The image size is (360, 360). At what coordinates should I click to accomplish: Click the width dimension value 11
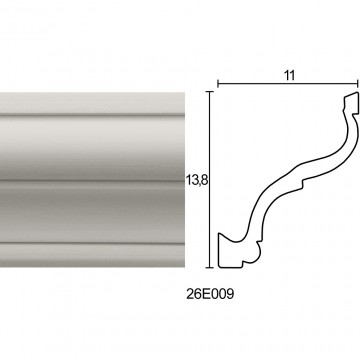click(x=290, y=76)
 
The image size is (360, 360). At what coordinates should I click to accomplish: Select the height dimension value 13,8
click(x=197, y=180)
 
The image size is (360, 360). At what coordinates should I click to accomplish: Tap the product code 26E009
click(x=210, y=294)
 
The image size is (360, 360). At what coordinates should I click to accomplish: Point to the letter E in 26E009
click(x=206, y=294)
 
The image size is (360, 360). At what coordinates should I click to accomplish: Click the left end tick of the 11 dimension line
click(x=218, y=84)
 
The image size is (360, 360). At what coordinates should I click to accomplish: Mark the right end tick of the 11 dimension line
click(x=358, y=84)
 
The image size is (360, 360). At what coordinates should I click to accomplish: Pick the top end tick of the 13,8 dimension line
click(x=209, y=91)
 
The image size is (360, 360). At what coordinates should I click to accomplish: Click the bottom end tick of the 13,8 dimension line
click(x=209, y=267)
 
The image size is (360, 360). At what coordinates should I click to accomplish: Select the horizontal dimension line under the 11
click(x=288, y=84)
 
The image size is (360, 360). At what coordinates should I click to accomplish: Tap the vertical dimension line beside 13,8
click(x=209, y=179)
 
